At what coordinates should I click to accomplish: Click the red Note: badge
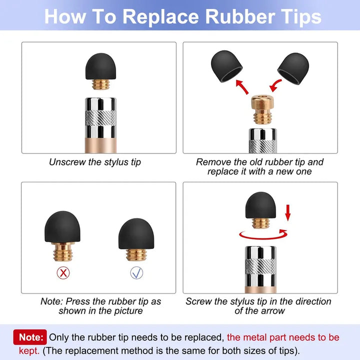(30, 337)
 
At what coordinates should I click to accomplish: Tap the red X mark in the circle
(63, 273)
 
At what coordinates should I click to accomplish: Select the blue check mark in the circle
(136, 273)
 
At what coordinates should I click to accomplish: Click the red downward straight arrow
(287, 213)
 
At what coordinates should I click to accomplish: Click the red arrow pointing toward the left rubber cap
(242, 87)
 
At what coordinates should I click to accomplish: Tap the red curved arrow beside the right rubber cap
(275, 85)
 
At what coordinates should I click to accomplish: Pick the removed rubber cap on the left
(226, 66)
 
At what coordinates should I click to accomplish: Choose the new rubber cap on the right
(293, 68)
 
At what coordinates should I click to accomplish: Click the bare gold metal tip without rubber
(262, 109)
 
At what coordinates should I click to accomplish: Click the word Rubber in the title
(240, 16)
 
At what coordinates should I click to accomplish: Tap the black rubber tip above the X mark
(62, 227)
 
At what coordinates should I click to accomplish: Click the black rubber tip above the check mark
(136, 233)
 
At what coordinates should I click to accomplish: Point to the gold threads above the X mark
(63, 252)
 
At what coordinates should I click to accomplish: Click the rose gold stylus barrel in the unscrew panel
(100, 145)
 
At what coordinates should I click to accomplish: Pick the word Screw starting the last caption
(199, 301)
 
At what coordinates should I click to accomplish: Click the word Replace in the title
(160, 17)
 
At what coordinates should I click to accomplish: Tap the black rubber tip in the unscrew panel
(100, 66)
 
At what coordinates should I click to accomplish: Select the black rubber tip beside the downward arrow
(260, 205)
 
